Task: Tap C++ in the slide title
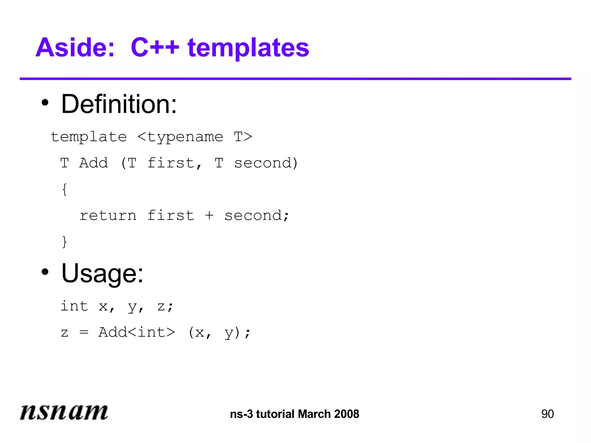(155, 48)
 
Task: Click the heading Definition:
(119, 104)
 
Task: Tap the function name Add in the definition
(94, 163)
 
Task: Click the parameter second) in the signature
(266, 163)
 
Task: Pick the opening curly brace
(65, 189)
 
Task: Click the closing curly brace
(65, 242)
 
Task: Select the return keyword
(108, 216)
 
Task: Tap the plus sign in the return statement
(210, 215)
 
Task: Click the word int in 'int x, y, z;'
(74, 306)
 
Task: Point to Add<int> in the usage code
(136, 332)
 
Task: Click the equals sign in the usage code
(84, 333)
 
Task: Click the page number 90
(547, 414)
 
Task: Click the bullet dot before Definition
(45, 103)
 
